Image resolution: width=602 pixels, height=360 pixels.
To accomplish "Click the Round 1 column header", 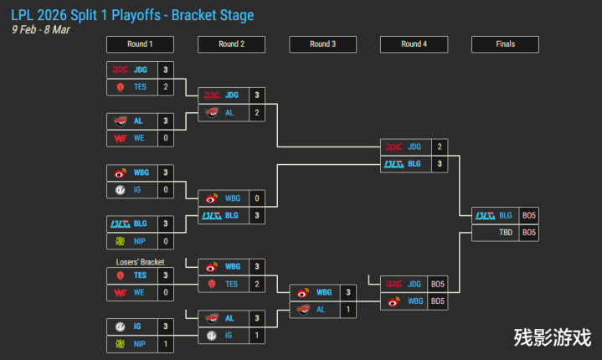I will pyautogui.click(x=140, y=44).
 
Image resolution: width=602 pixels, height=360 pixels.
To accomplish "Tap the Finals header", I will pyautogui.click(x=505, y=44).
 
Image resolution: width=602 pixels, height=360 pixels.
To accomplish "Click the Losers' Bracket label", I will pyautogui.click(x=140, y=262).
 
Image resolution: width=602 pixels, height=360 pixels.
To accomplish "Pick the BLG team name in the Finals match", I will pyautogui.click(x=506, y=215).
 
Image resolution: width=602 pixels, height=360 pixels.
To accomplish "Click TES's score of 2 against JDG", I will pyautogui.click(x=166, y=86).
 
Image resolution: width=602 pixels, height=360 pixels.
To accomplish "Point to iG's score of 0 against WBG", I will pyautogui.click(x=166, y=189).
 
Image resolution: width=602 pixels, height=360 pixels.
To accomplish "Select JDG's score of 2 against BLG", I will pyautogui.click(x=440, y=147).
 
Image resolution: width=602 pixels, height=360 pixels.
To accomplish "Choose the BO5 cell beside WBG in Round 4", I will pyautogui.click(x=438, y=301).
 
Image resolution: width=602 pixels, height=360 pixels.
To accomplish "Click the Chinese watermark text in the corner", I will pyautogui.click(x=553, y=337).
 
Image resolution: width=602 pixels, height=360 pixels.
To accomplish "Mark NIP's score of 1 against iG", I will pyautogui.click(x=166, y=344).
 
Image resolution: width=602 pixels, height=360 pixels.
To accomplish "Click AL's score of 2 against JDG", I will pyautogui.click(x=257, y=112).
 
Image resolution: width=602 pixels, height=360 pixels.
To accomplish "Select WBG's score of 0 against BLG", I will pyautogui.click(x=257, y=198).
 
